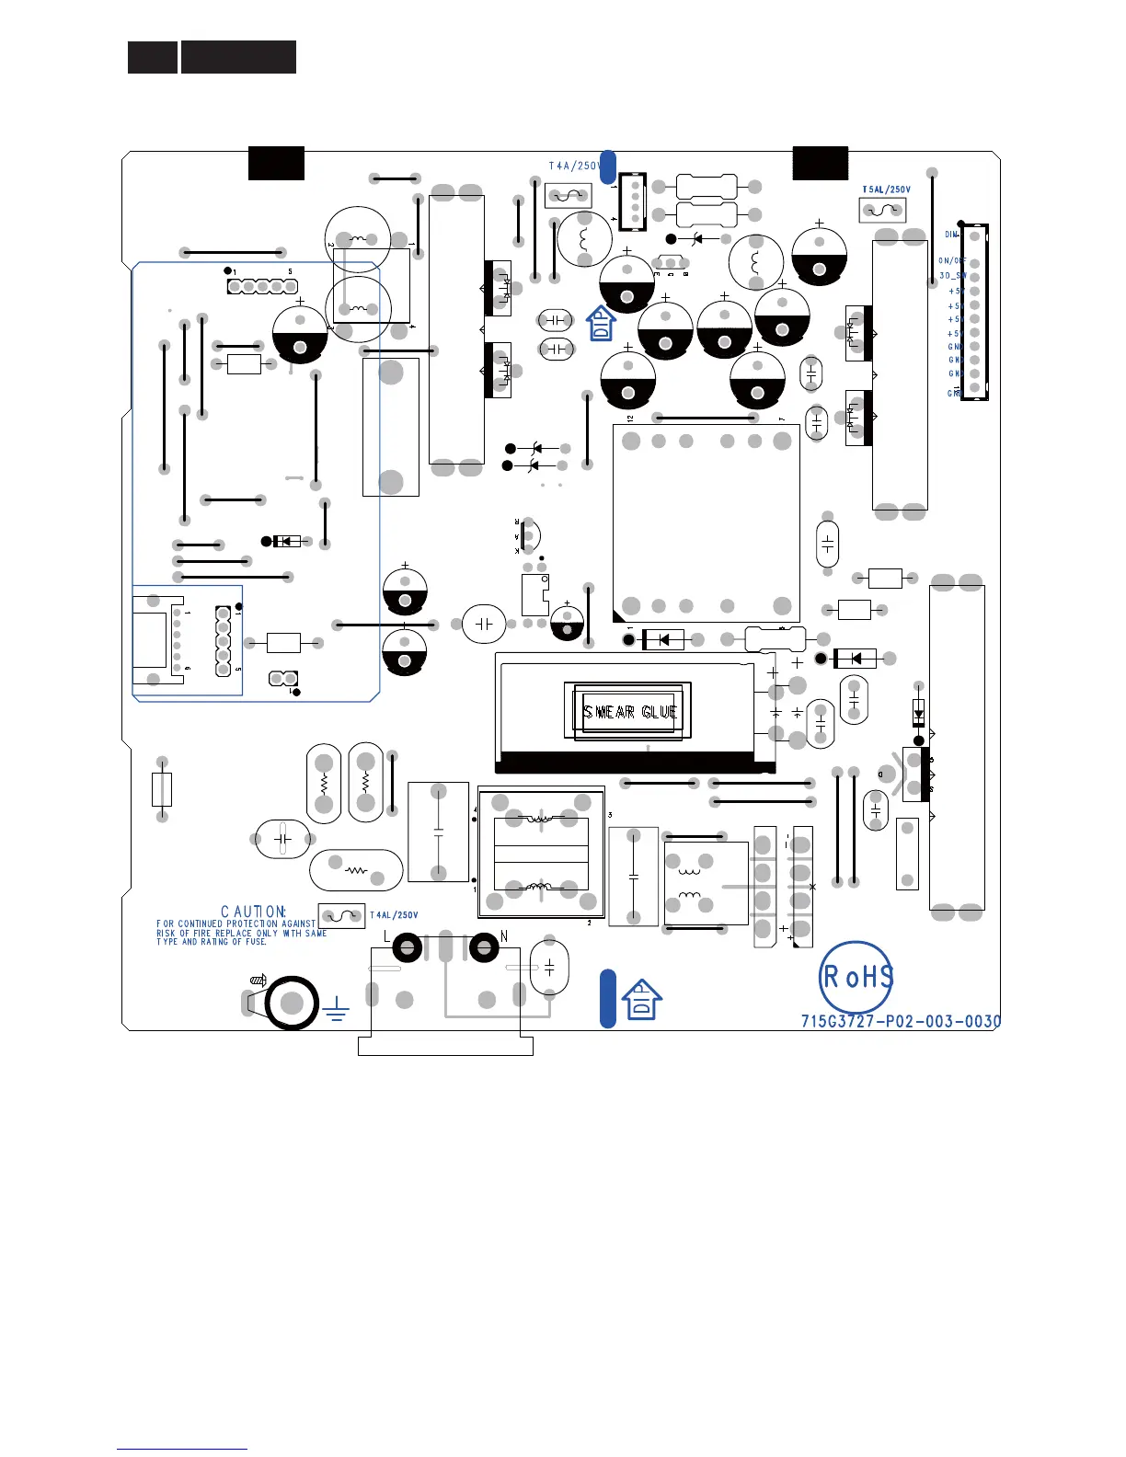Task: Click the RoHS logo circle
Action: [x=856, y=977]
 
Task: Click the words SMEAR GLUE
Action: [x=630, y=712]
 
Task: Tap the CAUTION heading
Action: [x=253, y=912]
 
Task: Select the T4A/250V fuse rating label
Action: [x=574, y=166]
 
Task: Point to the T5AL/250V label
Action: [x=886, y=190]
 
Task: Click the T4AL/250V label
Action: [x=394, y=915]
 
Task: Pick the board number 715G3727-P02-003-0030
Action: [x=901, y=1021]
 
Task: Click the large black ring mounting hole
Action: [x=292, y=1003]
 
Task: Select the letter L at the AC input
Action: [x=386, y=936]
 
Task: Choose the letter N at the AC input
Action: [x=504, y=936]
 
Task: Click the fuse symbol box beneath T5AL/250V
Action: [x=882, y=211]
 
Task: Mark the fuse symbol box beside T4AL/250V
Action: [x=341, y=917]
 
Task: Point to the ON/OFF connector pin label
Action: [x=951, y=261]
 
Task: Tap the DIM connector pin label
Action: [x=951, y=235]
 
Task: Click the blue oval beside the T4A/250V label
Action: [x=607, y=166]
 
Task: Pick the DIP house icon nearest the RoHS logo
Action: [x=642, y=1000]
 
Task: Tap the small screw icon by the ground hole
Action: [x=259, y=981]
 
